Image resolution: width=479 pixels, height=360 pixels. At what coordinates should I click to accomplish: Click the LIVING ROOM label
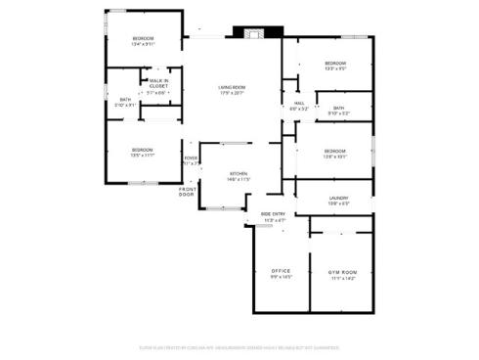(x=232, y=88)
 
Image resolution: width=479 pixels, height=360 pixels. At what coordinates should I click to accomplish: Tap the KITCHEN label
(x=239, y=173)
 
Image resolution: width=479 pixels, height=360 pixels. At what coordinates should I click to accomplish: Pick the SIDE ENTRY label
(x=275, y=214)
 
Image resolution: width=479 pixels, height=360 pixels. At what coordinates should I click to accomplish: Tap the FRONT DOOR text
(x=187, y=192)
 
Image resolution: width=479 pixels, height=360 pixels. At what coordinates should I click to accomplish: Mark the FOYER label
(x=191, y=157)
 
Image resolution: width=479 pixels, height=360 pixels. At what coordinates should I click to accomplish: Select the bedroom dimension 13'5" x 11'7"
(x=144, y=156)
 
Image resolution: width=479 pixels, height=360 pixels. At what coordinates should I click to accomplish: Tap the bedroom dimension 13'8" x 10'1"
(x=335, y=156)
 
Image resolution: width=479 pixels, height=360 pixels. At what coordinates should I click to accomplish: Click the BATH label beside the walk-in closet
(x=125, y=99)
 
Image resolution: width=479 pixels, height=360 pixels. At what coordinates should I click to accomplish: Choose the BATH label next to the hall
(x=338, y=108)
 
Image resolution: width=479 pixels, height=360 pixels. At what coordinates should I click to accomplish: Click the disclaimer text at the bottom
(x=239, y=346)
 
